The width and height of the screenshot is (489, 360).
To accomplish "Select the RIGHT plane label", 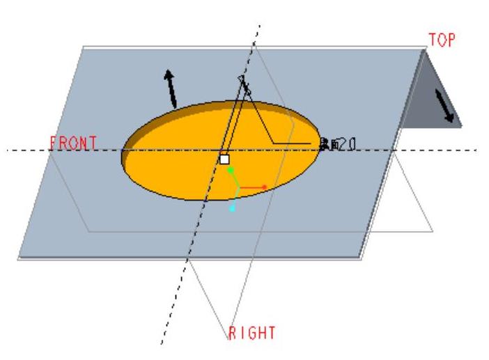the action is click(x=252, y=331).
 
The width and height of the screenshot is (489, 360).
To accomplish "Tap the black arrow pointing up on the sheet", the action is click(x=169, y=88).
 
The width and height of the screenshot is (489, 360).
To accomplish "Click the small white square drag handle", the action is click(x=224, y=159).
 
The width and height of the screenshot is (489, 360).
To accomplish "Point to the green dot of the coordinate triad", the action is click(x=231, y=169).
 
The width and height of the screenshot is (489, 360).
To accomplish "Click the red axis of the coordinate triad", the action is click(x=255, y=187).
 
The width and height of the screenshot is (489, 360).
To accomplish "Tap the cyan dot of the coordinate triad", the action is click(x=233, y=208).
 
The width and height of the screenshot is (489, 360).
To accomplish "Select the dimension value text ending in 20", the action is click(x=339, y=144).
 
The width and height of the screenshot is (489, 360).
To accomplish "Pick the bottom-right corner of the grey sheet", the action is click(x=362, y=257).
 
